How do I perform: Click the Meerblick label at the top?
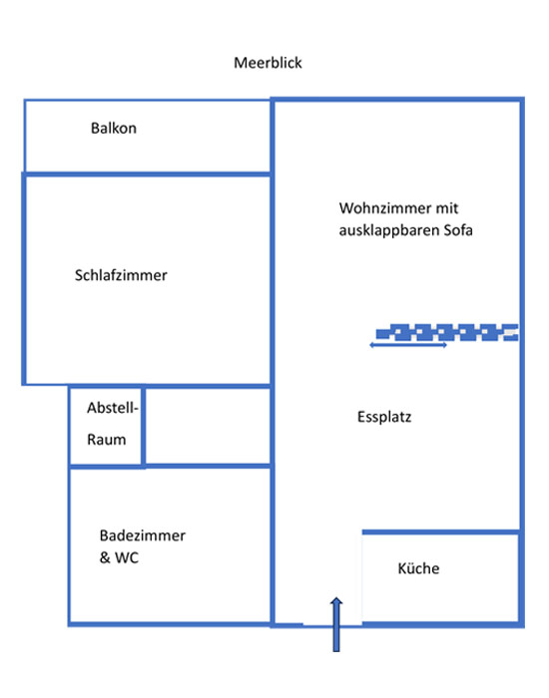tap(268, 63)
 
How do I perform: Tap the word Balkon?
tap(114, 129)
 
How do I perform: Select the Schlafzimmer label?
tap(121, 275)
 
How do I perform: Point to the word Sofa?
tap(458, 230)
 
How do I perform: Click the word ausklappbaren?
tap(389, 230)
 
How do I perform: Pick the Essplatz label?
tap(384, 417)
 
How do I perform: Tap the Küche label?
tap(418, 568)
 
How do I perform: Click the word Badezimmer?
tap(143, 535)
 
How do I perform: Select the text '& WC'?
tap(119, 557)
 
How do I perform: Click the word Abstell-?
tap(113, 408)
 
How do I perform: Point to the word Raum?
tap(107, 440)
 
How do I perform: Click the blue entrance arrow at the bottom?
tap(336, 624)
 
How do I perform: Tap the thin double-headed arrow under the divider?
tap(408, 345)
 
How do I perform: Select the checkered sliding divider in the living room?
tap(447, 332)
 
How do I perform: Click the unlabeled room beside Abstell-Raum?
tap(208, 427)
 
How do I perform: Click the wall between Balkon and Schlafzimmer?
tap(147, 174)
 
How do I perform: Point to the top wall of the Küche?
tap(441, 532)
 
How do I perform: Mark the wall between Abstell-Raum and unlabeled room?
tap(143, 427)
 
